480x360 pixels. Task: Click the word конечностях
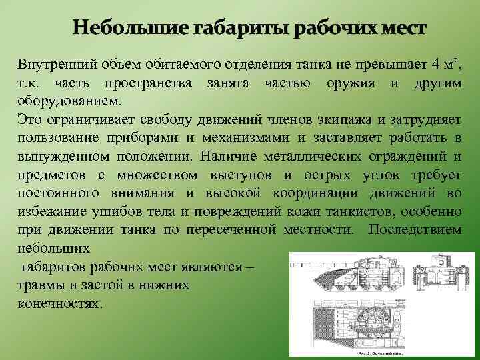(x=60, y=303)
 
